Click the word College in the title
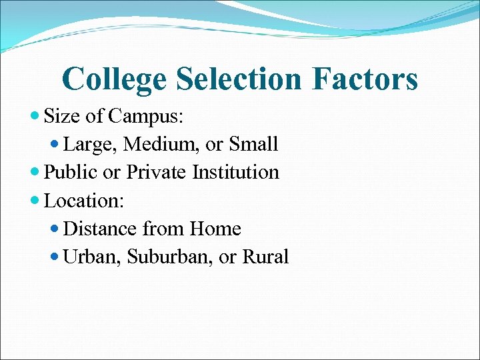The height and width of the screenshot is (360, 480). click(x=114, y=79)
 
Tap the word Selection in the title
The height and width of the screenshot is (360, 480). click(x=239, y=79)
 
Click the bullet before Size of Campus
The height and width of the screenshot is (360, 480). click(x=35, y=116)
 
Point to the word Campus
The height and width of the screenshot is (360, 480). click(x=147, y=117)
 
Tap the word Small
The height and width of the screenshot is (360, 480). click(x=253, y=144)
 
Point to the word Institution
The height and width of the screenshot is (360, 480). click(x=235, y=172)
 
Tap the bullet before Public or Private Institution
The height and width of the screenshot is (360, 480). click(x=35, y=172)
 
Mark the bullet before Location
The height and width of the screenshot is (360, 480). click(x=35, y=200)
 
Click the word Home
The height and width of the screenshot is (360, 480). click(x=215, y=229)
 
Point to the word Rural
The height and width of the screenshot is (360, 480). click(x=266, y=257)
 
